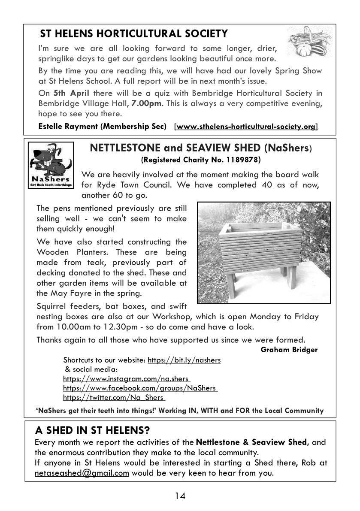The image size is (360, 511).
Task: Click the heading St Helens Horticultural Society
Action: [x=133, y=33]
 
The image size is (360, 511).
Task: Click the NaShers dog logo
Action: [x=51, y=166]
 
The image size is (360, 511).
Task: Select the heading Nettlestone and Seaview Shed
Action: [x=200, y=148]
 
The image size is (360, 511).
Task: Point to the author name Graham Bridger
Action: [x=289, y=349]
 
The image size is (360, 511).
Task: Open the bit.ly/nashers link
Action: [x=184, y=360]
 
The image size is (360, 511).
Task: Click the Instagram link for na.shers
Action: [x=127, y=379]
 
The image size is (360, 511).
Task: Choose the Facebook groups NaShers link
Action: [x=140, y=388]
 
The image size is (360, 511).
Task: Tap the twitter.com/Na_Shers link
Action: [x=114, y=398]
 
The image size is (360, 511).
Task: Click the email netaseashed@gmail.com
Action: [x=82, y=473]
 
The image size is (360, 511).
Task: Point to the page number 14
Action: [x=180, y=496]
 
